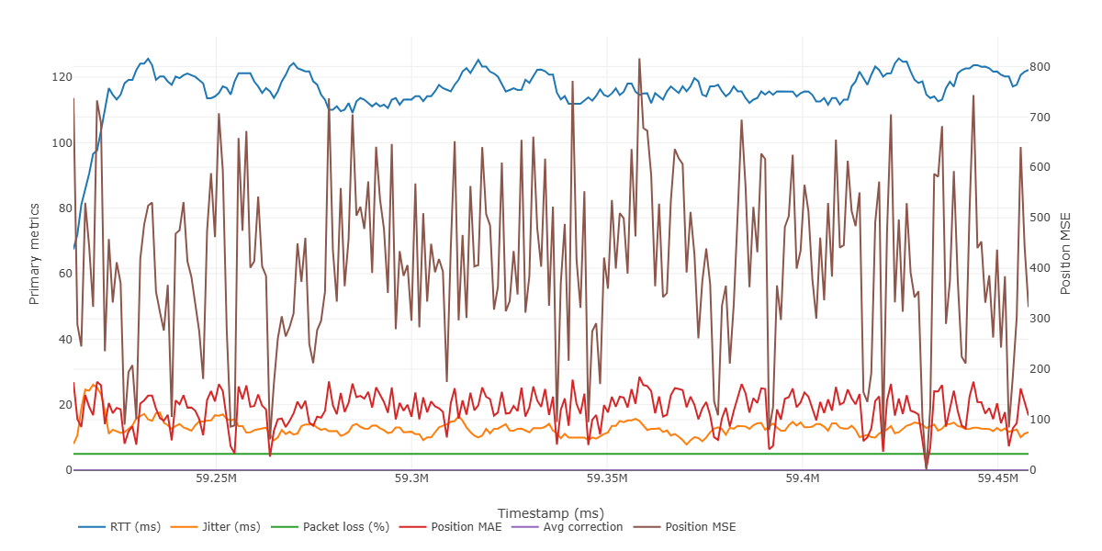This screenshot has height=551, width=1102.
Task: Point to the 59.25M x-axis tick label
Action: [217, 478]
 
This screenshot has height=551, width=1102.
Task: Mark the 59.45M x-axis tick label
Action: [998, 478]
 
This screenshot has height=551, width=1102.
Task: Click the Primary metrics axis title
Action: [35, 253]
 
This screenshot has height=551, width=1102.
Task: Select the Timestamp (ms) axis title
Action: [550, 512]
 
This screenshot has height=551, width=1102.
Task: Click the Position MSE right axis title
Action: [1066, 253]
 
